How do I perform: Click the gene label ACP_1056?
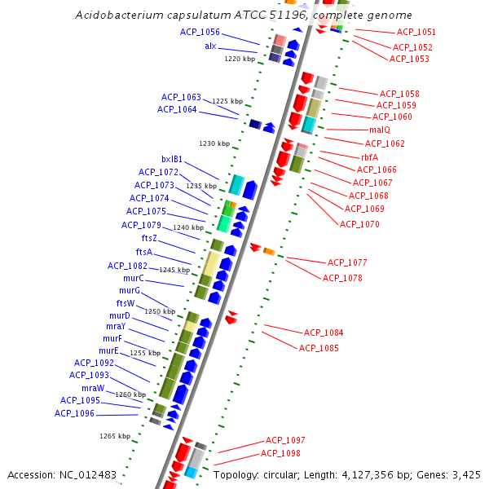point(200,32)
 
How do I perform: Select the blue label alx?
point(210,46)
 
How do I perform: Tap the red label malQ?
point(380,130)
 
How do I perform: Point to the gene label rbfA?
point(369,157)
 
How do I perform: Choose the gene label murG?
point(130,290)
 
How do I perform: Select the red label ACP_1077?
point(347,262)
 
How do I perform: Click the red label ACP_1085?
point(319,348)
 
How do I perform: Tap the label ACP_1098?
point(280,453)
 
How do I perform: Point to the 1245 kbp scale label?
point(174,270)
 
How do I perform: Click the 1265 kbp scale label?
point(115,436)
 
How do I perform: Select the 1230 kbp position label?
point(214,143)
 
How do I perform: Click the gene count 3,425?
point(465,474)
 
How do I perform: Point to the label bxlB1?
point(172,159)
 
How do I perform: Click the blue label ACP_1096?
point(74,413)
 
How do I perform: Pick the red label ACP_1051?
point(416,32)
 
